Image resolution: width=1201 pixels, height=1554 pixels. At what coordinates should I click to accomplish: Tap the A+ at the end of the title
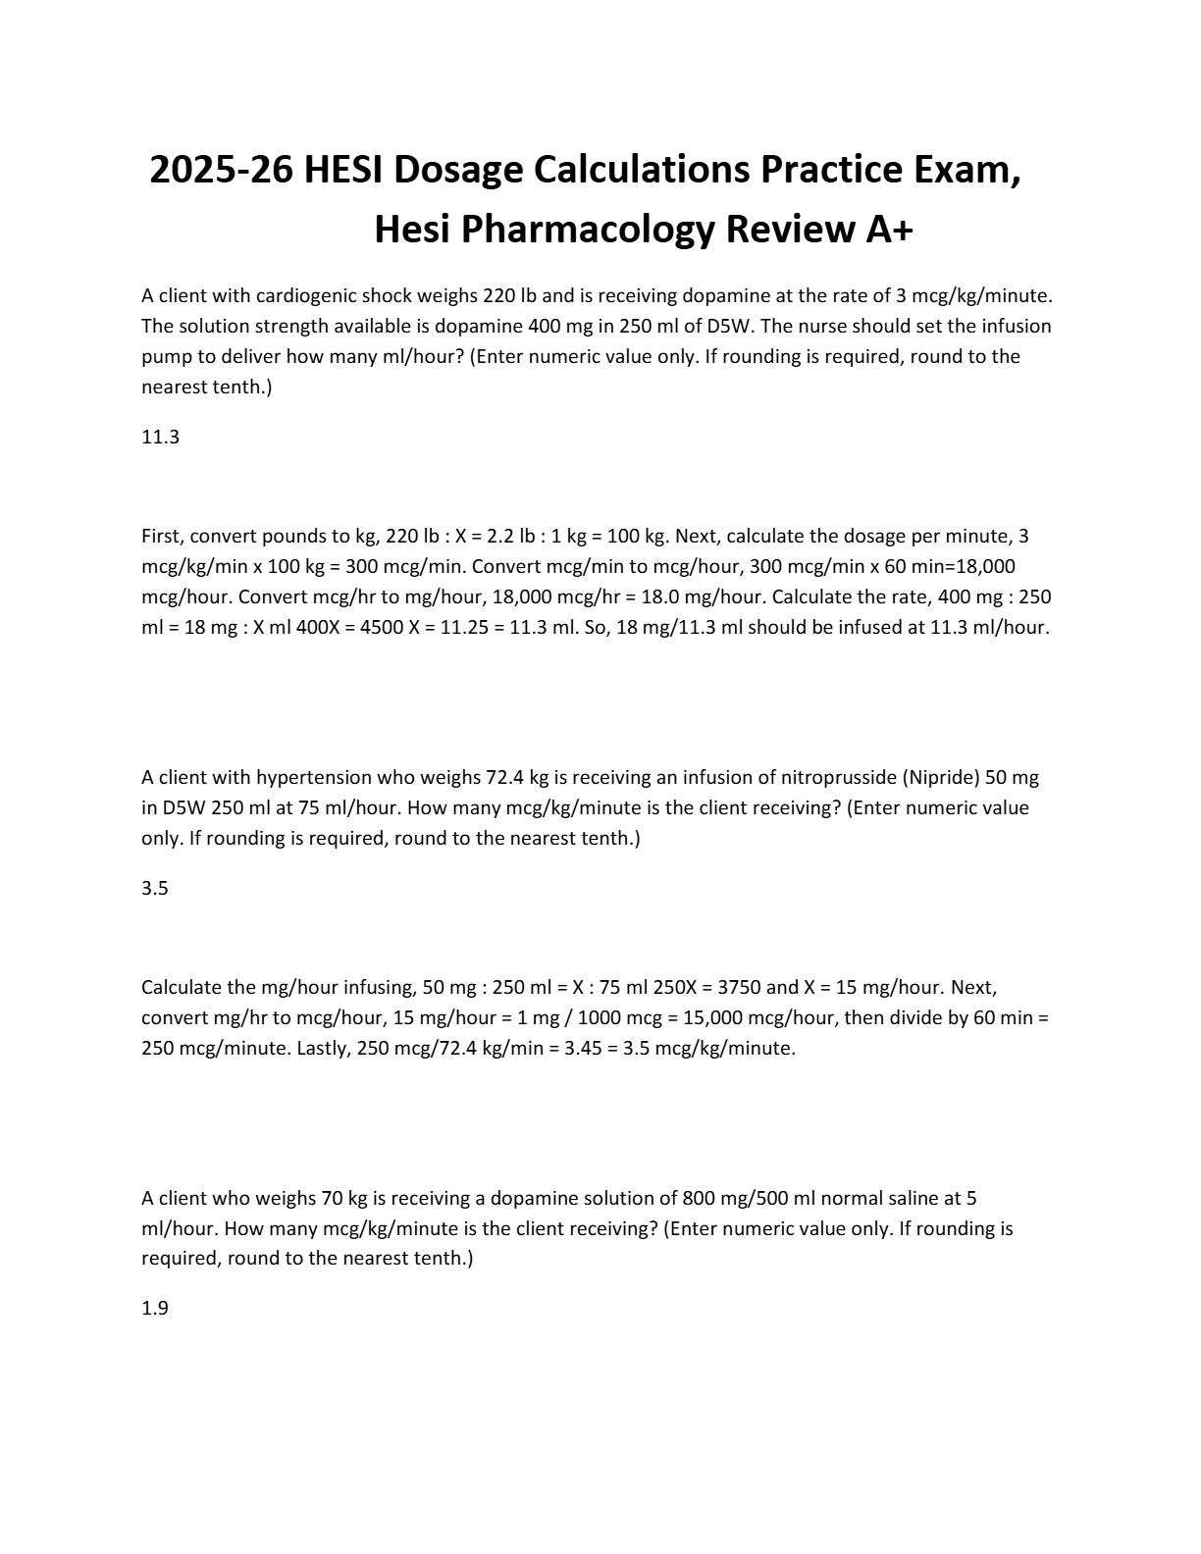[x=888, y=230]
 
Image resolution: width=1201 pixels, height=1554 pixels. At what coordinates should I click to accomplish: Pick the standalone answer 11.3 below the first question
[x=160, y=438]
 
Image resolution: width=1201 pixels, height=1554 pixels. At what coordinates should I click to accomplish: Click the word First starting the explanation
[x=162, y=537]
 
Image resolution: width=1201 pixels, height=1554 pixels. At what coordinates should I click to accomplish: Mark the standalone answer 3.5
[x=155, y=889]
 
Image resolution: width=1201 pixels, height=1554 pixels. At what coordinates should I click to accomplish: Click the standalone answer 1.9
[x=155, y=1309]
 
